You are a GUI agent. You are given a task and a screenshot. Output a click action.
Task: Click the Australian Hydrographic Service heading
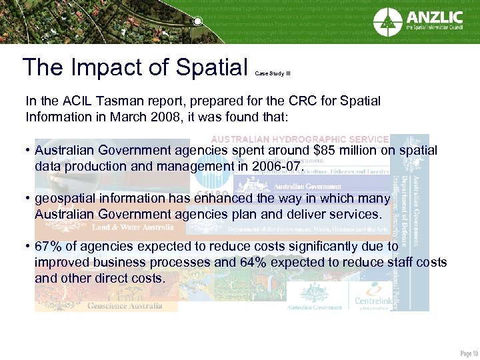point(300,139)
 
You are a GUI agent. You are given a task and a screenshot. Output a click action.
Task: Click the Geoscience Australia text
point(127,306)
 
